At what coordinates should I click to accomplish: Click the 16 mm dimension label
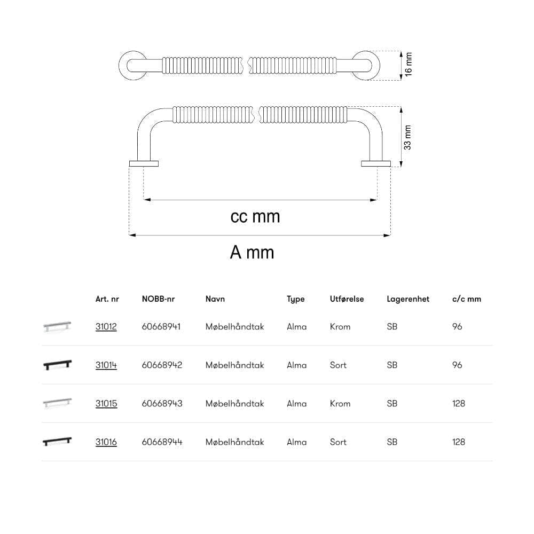pos(408,65)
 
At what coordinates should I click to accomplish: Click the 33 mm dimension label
pos(407,138)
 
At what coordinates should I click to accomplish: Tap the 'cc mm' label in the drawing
pos(255,217)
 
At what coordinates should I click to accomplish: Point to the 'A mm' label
pos(252,253)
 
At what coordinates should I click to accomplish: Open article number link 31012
pos(106,327)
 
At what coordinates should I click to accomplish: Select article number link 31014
pos(106,365)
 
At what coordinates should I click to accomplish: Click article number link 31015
pos(106,404)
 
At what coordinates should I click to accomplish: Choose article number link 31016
pos(106,442)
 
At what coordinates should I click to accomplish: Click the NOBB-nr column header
pos(159,299)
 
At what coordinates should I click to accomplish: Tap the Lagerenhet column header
pos(408,299)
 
